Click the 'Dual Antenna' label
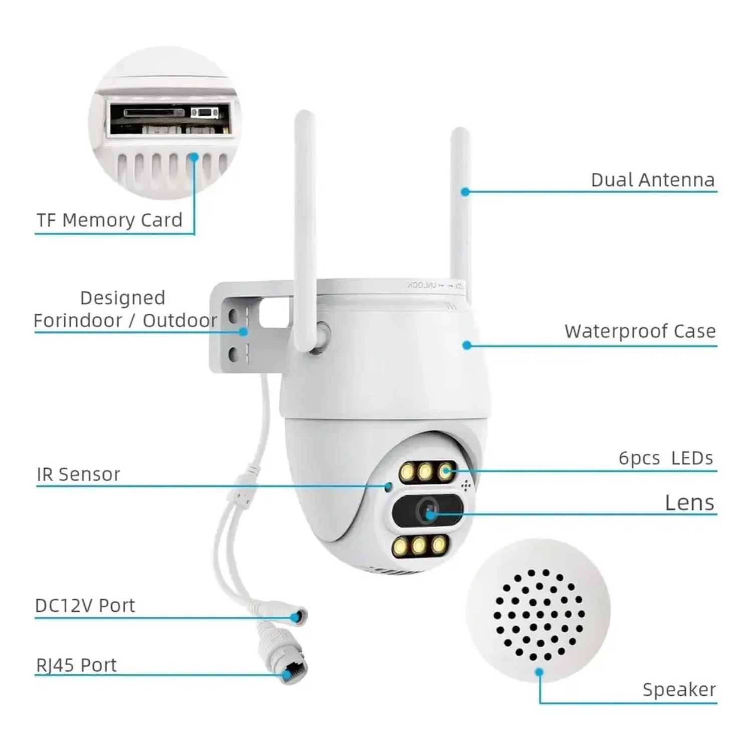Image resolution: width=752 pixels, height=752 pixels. click(x=653, y=179)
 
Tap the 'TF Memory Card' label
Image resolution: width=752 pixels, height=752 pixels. click(x=109, y=220)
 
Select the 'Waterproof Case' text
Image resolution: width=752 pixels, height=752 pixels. click(x=640, y=331)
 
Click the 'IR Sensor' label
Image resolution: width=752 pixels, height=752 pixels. click(x=78, y=474)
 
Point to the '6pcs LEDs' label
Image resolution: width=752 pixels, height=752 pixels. click(x=666, y=458)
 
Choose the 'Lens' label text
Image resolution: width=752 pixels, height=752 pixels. click(x=690, y=502)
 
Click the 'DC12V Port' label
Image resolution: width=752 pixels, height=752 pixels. click(x=85, y=606)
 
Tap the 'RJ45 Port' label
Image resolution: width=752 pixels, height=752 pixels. click(x=76, y=665)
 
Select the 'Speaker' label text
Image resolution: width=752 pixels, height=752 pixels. click(x=679, y=690)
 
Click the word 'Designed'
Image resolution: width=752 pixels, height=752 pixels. click(x=123, y=298)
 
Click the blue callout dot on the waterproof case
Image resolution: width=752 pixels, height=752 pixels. click(x=467, y=345)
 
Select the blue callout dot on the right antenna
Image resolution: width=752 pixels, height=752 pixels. click(x=466, y=192)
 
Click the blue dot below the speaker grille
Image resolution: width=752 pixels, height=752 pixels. click(x=539, y=672)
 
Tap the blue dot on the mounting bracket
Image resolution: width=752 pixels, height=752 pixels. click(x=244, y=331)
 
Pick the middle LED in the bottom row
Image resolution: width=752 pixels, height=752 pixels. click(x=419, y=545)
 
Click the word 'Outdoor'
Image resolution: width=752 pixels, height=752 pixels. click(x=180, y=320)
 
